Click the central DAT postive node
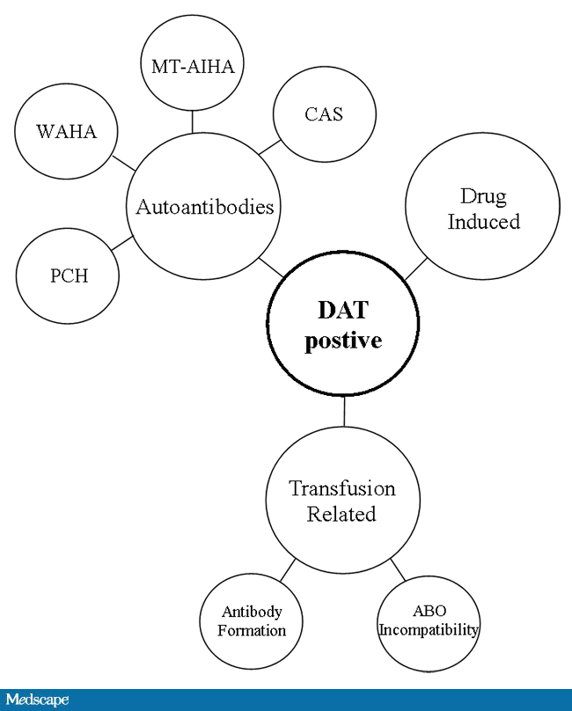tap(343, 325)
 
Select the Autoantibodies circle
tap(204, 207)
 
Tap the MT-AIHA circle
tap(192, 67)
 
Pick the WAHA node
tap(66, 132)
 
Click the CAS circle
tap(325, 114)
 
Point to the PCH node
tap(68, 275)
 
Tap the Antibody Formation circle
tap(253, 621)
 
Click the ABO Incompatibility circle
tap(429, 620)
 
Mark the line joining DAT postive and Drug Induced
tap(415, 268)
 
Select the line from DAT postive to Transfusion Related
tap(344, 412)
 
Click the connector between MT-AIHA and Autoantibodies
tap(193, 121)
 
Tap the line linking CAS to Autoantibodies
tap(269, 147)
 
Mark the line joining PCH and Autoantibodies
tap(122, 242)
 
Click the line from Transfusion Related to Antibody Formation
tap(288, 568)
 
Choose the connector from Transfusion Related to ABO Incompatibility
tap(397, 568)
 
